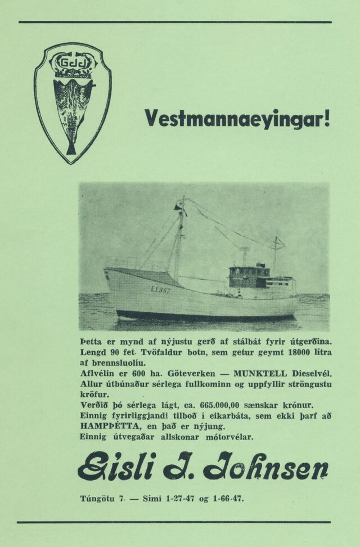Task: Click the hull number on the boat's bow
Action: (160, 289)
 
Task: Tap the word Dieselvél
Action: (312, 373)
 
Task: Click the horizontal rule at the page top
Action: (175, 22)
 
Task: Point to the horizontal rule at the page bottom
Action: (175, 523)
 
